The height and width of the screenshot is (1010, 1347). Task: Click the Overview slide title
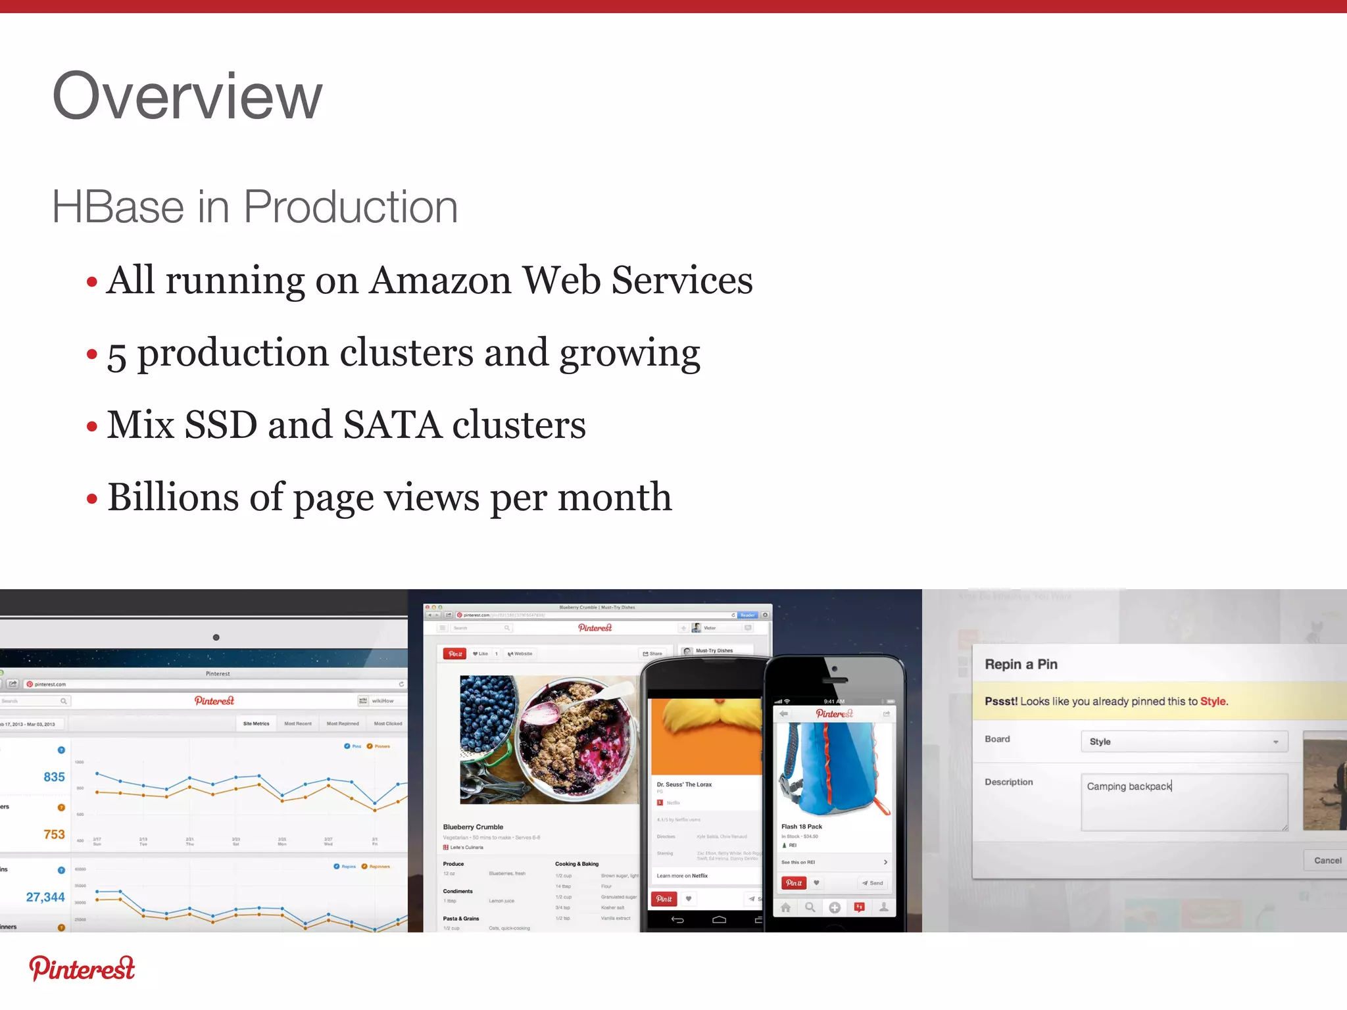[x=187, y=97]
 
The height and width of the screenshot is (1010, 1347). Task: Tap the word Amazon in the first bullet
[x=441, y=281]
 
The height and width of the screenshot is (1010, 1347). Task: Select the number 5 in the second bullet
[x=116, y=356]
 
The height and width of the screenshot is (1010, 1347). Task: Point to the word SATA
[x=392, y=425]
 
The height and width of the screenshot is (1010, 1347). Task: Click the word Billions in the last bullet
[x=172, y=497]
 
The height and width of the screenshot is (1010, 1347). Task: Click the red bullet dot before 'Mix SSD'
[x=92, y=427]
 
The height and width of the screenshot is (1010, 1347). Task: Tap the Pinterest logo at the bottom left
[x=82, y=969]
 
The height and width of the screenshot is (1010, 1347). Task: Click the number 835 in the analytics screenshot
[x=54, y=777]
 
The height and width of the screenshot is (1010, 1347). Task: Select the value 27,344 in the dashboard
[x=45, y=897]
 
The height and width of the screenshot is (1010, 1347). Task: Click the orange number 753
[x=54, y=834]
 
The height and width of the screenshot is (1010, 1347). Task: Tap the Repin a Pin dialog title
[x=1021, y=664]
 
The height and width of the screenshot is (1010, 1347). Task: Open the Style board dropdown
[x=1183, y=742]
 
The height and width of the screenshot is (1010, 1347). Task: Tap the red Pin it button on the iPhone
[x=794, y=883]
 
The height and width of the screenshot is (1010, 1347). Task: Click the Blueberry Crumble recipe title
[x=473, y=827]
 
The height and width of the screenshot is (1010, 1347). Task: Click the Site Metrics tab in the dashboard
[x=256, y=723]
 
